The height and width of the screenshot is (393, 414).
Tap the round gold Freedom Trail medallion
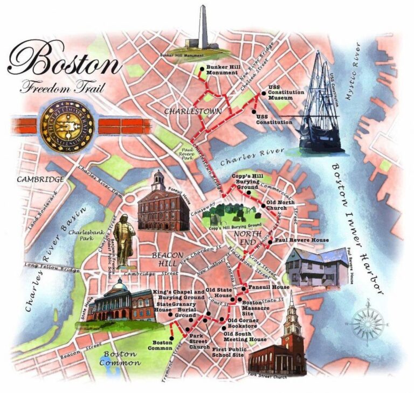67,124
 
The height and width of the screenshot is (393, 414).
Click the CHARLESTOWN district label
187,111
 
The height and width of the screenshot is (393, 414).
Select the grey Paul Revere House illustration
315,267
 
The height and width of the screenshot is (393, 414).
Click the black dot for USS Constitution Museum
264,93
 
